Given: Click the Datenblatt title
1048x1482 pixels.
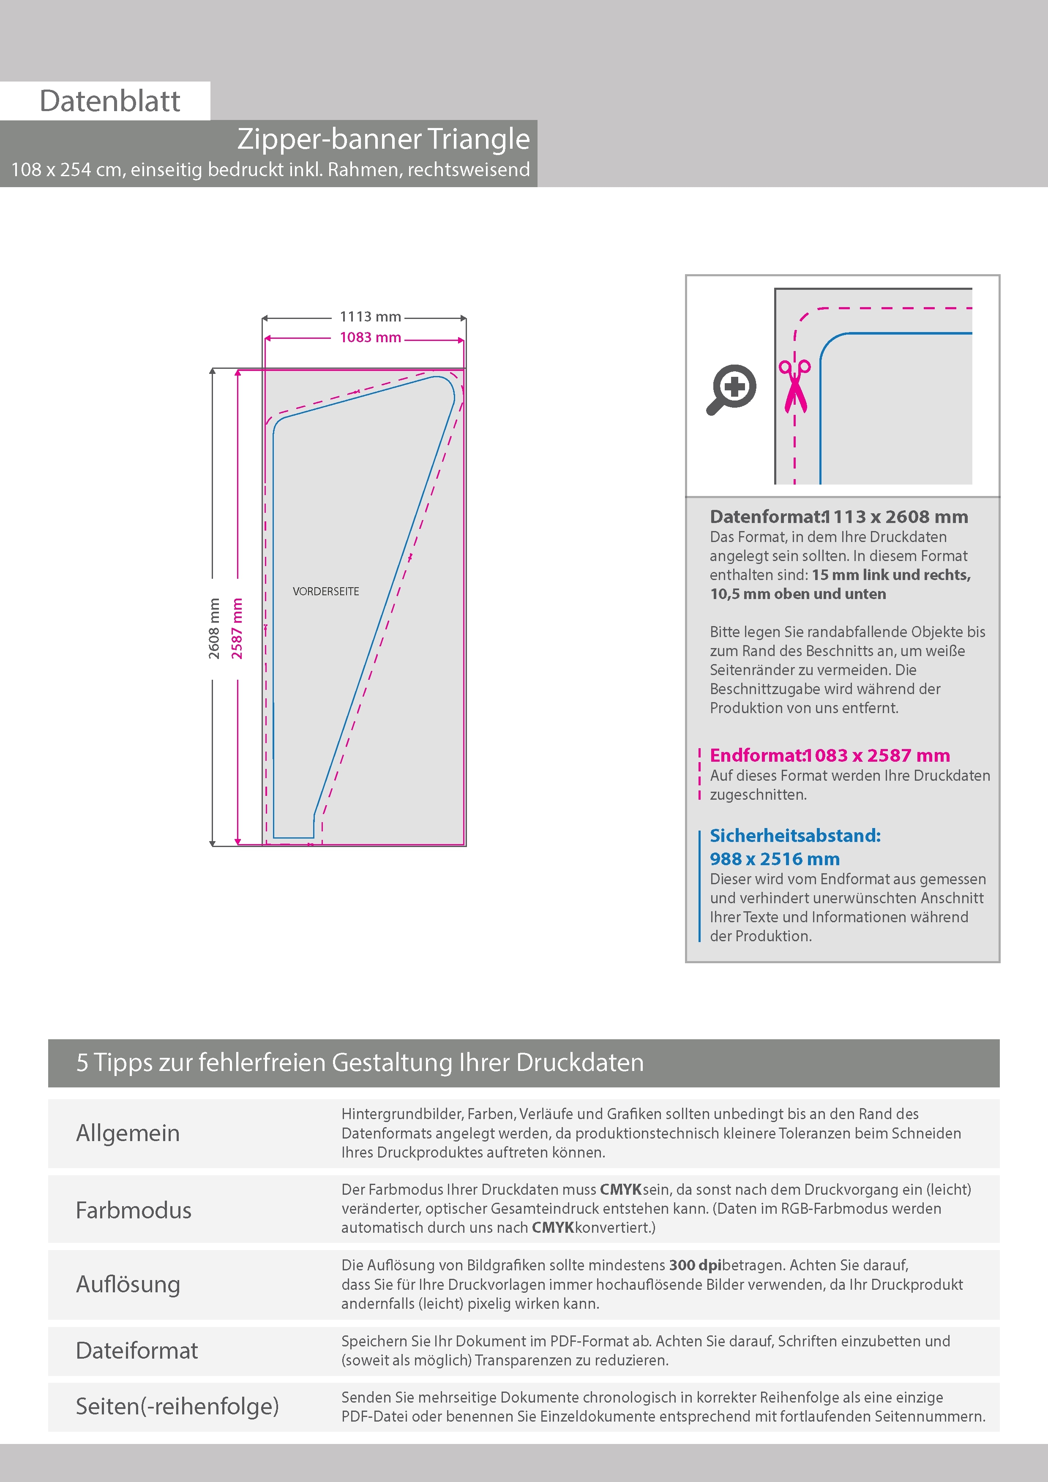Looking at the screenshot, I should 110,101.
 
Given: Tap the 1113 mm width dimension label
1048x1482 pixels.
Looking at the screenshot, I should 370,317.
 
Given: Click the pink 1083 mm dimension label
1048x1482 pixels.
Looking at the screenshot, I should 370,338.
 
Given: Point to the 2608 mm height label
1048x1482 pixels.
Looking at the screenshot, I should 214,628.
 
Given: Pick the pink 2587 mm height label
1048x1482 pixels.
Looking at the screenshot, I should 237,628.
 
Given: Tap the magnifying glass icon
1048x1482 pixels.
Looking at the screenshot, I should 731,389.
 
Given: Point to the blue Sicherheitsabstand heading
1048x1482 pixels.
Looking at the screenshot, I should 795,836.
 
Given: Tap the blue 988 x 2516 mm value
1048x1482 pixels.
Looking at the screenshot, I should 774,859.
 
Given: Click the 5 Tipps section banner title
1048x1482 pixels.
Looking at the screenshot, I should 360,1062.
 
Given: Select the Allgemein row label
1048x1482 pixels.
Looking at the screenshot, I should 128,1133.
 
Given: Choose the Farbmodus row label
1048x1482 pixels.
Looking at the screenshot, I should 134,1210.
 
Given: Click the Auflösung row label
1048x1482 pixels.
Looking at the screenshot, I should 128,1284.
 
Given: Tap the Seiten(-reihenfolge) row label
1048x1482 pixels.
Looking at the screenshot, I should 177,1406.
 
